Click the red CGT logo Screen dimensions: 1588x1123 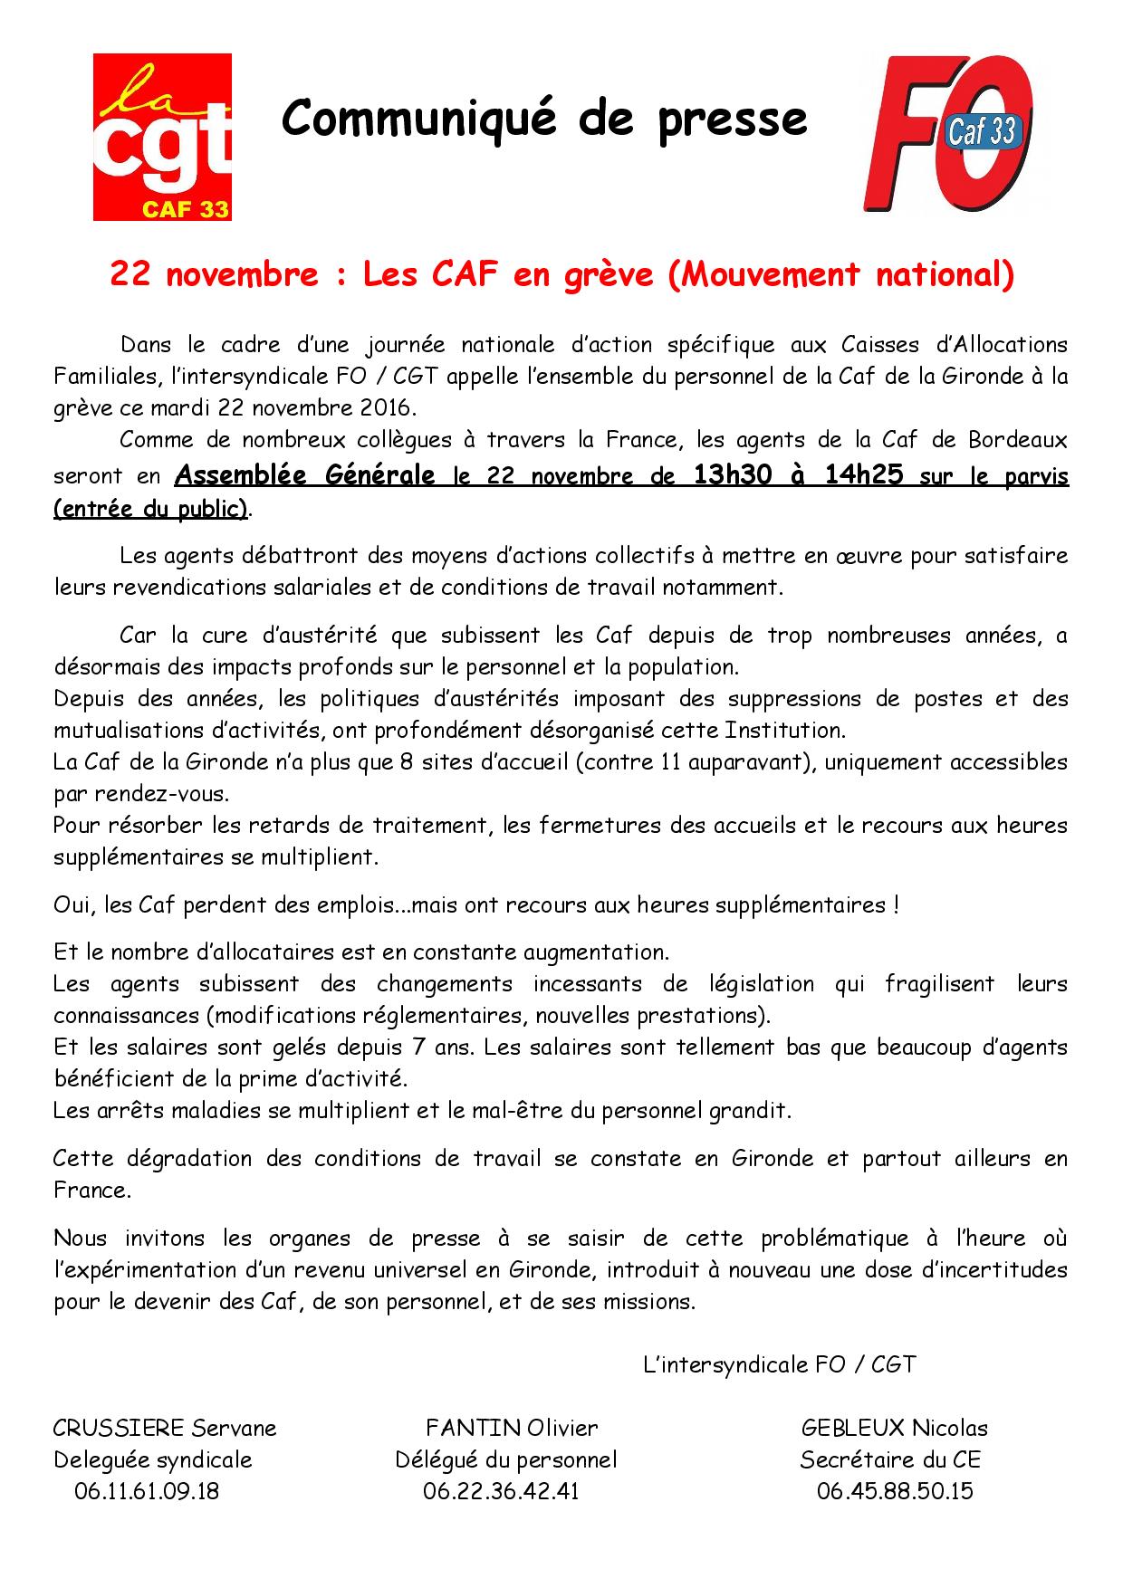[x=162, y=137]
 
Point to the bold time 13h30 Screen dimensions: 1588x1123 [x=733, y=475]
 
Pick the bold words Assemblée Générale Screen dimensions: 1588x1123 [x=304, y=475]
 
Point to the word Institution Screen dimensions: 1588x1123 [x=785, y=731]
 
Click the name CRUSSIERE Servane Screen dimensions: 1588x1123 [x=165, y=1429]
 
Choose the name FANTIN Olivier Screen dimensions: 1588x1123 [x=512, y=1429]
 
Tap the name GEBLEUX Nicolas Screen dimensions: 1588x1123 [x=894, y=1429]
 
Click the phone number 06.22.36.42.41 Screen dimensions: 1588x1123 [x=501, y=1491]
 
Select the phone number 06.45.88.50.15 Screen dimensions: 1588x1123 [x=894, y=1491]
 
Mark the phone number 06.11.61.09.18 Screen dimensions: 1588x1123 [x=147, y=1491]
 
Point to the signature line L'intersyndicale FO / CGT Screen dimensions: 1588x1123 [x=779, y=1364]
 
